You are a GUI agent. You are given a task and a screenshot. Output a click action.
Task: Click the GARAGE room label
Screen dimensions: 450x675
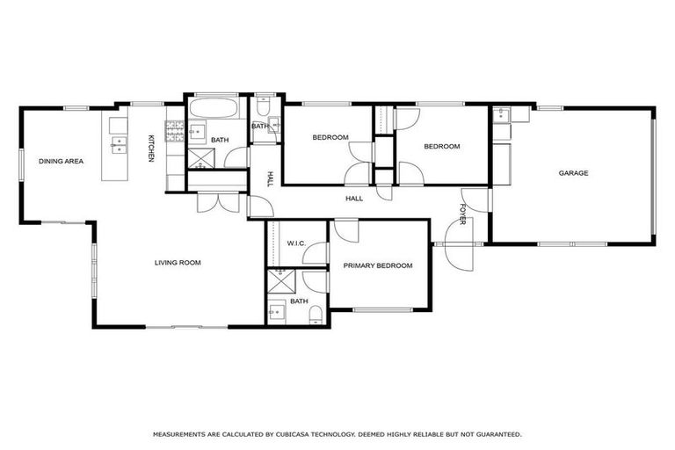click(x=573, y=173)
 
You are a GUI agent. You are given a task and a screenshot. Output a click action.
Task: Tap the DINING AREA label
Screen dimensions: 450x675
click(x=61, y=161)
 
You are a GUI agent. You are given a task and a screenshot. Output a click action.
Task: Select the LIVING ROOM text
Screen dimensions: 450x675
click(x=178, y=263)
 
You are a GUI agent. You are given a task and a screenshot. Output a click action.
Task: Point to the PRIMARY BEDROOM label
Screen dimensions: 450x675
click(x=378, y=265)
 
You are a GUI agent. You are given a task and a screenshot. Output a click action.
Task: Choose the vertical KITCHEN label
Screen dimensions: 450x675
click(x=151, y=148)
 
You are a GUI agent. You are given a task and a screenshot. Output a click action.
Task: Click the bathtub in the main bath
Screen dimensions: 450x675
click(x=211, y=112)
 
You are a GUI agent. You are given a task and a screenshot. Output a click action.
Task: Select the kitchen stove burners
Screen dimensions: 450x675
click(x=174, y=133)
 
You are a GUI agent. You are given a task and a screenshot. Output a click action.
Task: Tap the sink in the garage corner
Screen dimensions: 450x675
click(x=501, y=115)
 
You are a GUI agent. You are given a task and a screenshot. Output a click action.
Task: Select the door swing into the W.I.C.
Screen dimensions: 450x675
click(x=314, y=252)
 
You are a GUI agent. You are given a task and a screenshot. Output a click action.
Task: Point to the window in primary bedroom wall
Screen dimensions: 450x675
click(x=383, y=308)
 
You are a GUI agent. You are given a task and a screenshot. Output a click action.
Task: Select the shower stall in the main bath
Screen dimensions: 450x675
click(x=199, y=158)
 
